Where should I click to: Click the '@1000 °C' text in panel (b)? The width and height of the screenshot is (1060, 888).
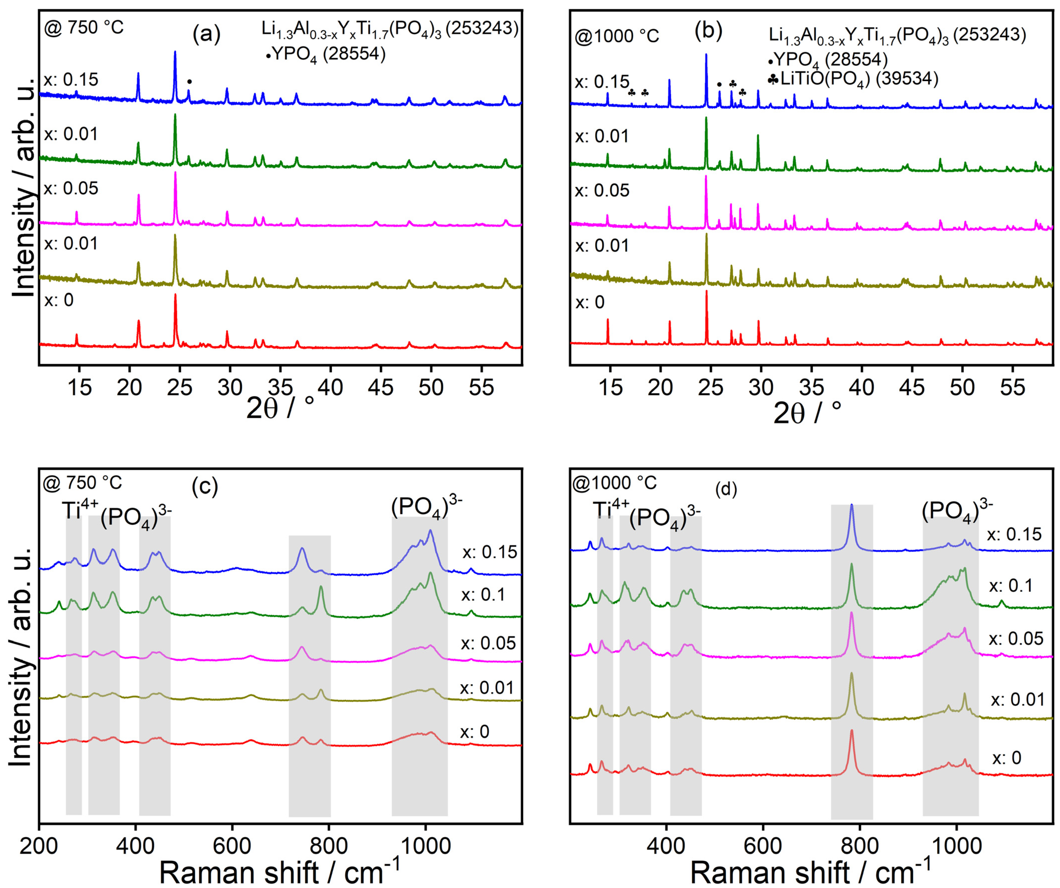point(617,36)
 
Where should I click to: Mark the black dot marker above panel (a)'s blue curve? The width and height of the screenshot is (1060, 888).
point(189,81)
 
